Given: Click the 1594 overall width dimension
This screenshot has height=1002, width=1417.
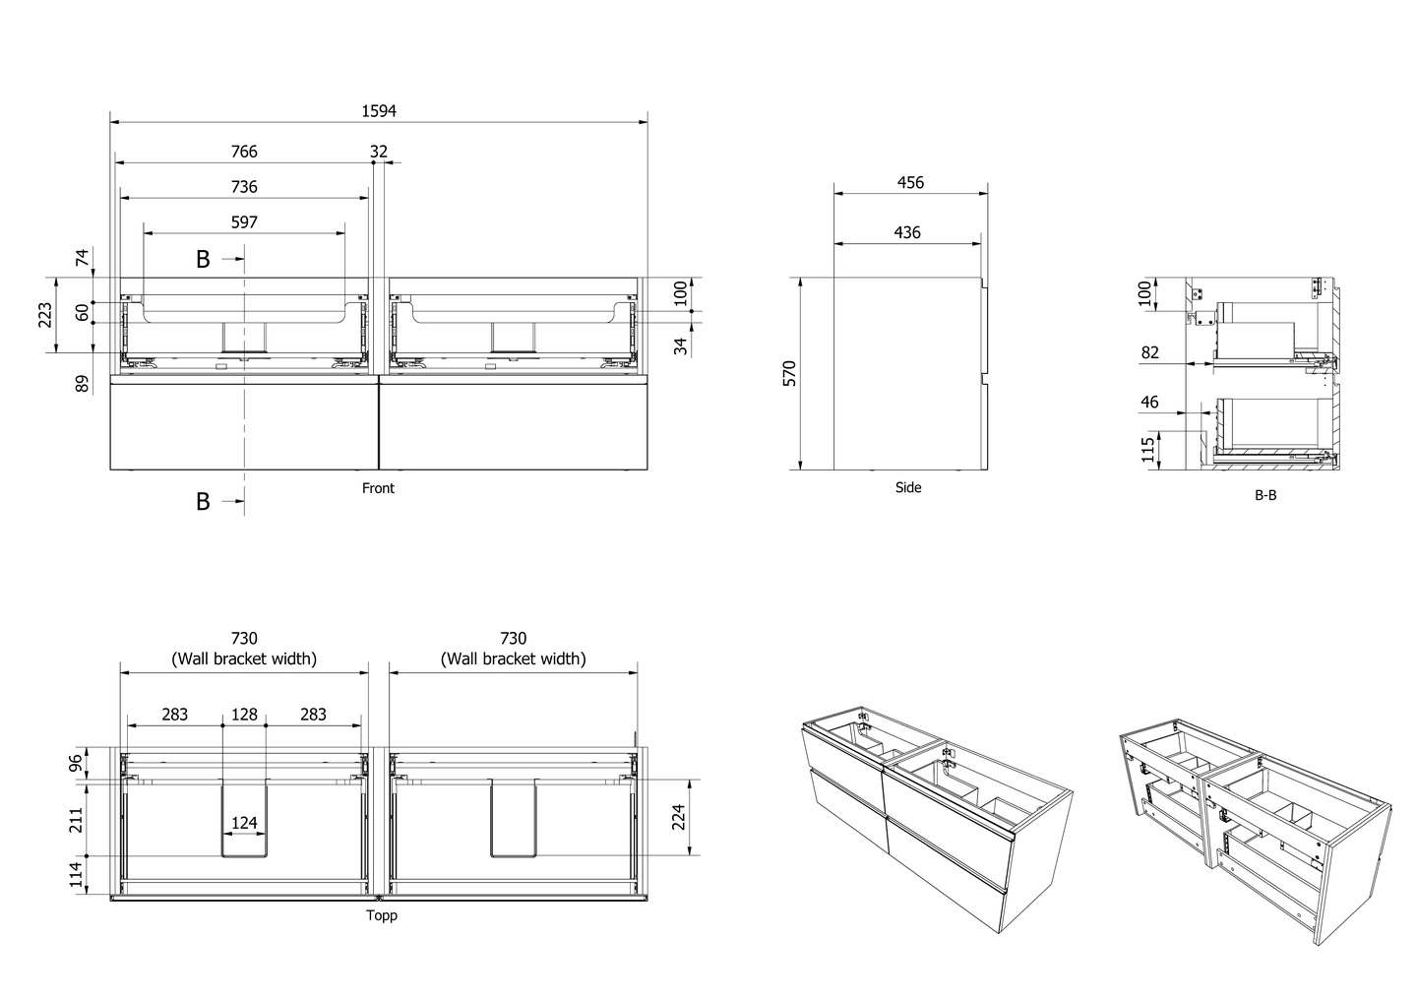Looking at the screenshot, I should click(379, 111).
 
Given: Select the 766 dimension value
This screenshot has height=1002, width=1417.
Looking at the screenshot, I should click(244, 152).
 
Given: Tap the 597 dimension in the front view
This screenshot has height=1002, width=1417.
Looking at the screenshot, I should click(244, 222).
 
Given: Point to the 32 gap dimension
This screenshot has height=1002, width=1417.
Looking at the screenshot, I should click(379, 152).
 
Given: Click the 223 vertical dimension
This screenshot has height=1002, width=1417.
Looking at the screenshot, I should click(45, 315).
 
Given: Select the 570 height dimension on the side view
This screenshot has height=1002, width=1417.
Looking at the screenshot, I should click(789, 374).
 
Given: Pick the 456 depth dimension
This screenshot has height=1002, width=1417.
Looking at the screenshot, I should click(910, 182).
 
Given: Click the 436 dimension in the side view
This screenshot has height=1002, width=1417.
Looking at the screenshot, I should click(906, 232).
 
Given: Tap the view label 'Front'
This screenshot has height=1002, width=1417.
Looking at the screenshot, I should click(378, 488).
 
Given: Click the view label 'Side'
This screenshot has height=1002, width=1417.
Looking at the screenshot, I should click(908, 487).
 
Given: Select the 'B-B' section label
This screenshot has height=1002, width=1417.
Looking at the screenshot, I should click(1265, 495).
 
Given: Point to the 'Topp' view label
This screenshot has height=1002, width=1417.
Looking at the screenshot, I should click(381, 915).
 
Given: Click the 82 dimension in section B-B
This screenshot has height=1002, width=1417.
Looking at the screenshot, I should click(1149, 352).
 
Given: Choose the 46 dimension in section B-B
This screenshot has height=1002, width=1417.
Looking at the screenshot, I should click(1149, 403).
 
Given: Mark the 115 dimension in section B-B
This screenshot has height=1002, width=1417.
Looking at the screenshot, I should click(1147, 451).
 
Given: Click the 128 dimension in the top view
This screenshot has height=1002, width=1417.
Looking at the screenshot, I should click(244, 715).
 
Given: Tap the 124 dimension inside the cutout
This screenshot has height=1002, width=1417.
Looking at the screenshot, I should click(244, 823).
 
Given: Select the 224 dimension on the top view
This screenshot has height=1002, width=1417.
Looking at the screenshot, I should click(677, 817).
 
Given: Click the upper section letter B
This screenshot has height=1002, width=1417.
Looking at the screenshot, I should click(203, 260).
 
